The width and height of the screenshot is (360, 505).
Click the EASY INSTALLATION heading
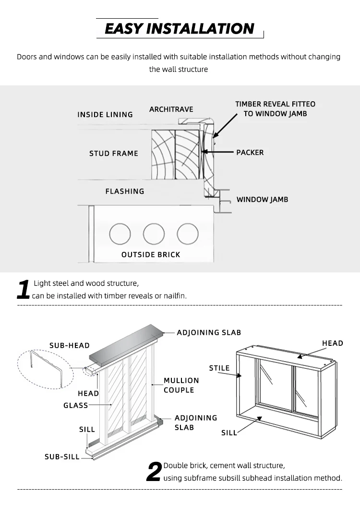point(179,29)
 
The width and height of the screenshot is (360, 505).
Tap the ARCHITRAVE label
point(171,109)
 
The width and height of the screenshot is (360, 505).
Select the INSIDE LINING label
point(105,115)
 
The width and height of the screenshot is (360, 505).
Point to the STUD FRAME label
point(114,153)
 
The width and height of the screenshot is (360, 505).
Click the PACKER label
point(250,153)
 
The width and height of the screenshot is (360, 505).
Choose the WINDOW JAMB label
point(262,200)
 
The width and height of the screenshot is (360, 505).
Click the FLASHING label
point(125,191)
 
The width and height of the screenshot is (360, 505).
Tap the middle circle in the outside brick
point(154,234)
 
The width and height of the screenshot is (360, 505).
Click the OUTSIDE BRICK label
point(151,255)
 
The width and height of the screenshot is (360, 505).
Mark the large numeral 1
point(24,290)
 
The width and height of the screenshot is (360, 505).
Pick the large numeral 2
point(154,472)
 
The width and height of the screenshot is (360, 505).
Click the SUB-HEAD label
point(70,345)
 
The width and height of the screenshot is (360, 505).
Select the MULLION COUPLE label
point(181,385)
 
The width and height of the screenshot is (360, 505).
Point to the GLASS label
point(76,405)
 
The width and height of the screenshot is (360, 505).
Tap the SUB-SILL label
point(62,457)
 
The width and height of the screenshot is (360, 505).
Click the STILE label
point(219,368)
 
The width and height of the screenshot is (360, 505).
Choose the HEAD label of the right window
point(333,343)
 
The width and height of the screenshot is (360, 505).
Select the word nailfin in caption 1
point(174,296)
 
